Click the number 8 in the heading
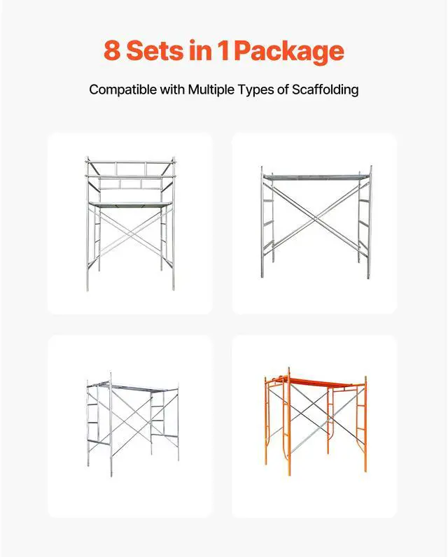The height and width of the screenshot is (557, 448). (x=111, y=51)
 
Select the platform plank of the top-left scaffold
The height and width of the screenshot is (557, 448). (x=130, y=204)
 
